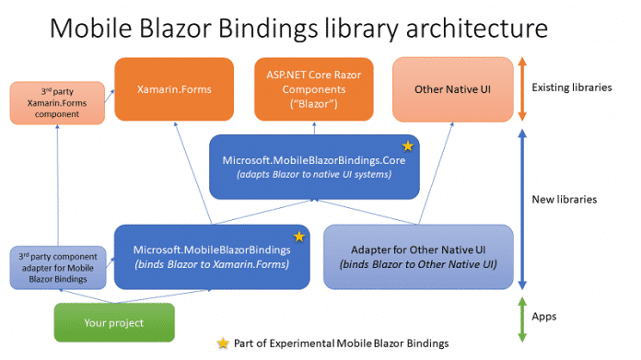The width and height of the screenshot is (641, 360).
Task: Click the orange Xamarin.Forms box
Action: [172, 89]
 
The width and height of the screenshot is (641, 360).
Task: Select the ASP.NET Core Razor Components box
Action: [312, 89]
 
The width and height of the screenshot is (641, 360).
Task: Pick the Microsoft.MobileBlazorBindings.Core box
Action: [314, 167]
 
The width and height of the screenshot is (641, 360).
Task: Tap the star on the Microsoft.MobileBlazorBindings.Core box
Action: [406, 145]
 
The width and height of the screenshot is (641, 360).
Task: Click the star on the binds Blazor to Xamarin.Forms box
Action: [298, 237]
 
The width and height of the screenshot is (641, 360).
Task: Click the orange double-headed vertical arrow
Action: [521, 89]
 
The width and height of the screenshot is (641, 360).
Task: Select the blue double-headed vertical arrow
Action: [521, 208]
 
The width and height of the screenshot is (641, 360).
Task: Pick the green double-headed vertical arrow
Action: [521, 316]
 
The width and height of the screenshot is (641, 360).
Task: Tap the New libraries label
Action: [571, 199]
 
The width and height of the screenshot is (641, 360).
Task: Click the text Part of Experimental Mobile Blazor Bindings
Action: [341, 343]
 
